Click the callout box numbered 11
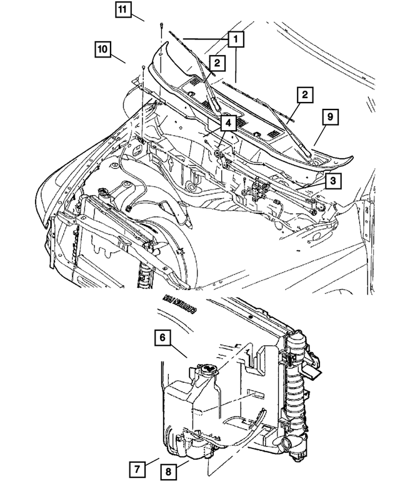tap(123, 10)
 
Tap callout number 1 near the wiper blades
tap(236, 39)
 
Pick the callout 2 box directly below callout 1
tap(217, 63)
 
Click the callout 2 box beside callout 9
tap(304, 95)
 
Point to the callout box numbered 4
tap(227, 123)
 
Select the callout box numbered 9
tap(330, 116)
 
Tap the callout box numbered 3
tap(334, 181)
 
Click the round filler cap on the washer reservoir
tap(206, 372)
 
